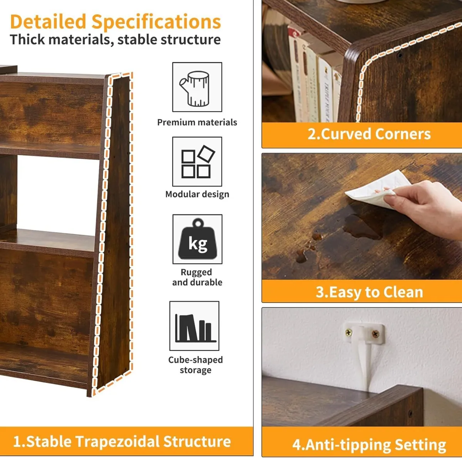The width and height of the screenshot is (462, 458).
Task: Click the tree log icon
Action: [197, 87]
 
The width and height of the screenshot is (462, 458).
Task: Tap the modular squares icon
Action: [197, 162]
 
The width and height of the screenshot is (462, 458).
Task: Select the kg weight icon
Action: [198, 239]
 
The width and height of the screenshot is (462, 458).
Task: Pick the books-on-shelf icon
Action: [194, 326]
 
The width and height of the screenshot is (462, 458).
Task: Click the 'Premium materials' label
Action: [197, 123]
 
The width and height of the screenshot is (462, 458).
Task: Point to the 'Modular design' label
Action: [197, 194]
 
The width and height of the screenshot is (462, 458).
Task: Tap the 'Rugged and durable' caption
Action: [197, 277]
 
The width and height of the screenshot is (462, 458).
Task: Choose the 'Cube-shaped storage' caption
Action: [195, 365]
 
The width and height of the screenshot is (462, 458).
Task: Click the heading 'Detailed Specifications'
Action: [115, 22]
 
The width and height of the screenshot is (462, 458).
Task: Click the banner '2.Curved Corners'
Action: [369, 134]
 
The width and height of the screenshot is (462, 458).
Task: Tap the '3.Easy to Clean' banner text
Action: [369, 292]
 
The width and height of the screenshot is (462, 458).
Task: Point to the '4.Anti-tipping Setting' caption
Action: [369, 445]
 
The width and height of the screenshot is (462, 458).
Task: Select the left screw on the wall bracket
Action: [349, 332]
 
